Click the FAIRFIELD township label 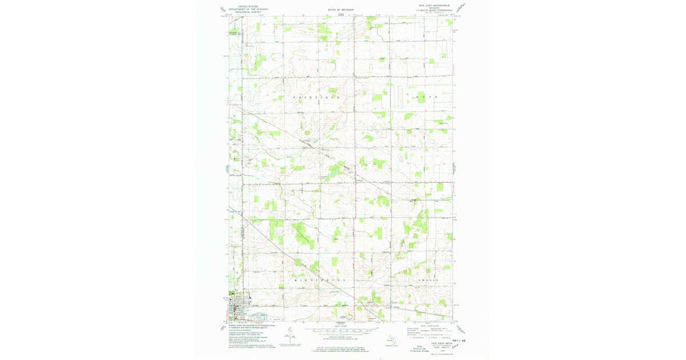pos(317,98)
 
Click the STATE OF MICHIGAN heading pos(341,10)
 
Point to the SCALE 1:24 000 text pos(341,326)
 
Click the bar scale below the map pos(341,330)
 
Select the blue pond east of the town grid pos(261,316)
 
